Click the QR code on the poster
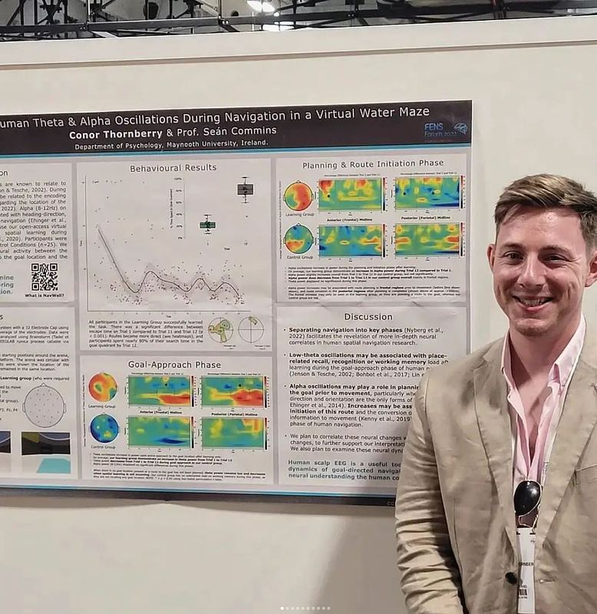click(45, 276)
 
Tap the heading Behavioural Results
click(173, 167)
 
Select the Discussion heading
click(368, 316)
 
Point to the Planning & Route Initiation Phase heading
click(372, 164)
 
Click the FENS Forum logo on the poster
click(446, 130)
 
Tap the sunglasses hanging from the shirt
click(527, 497)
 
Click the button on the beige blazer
click(510, 577)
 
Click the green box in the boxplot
click(207, 224)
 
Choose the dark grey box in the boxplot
click(245, 189)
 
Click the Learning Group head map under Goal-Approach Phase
click(103, 387)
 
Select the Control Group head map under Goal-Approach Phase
click(104, 428)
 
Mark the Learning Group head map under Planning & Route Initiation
click(298, 196)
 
